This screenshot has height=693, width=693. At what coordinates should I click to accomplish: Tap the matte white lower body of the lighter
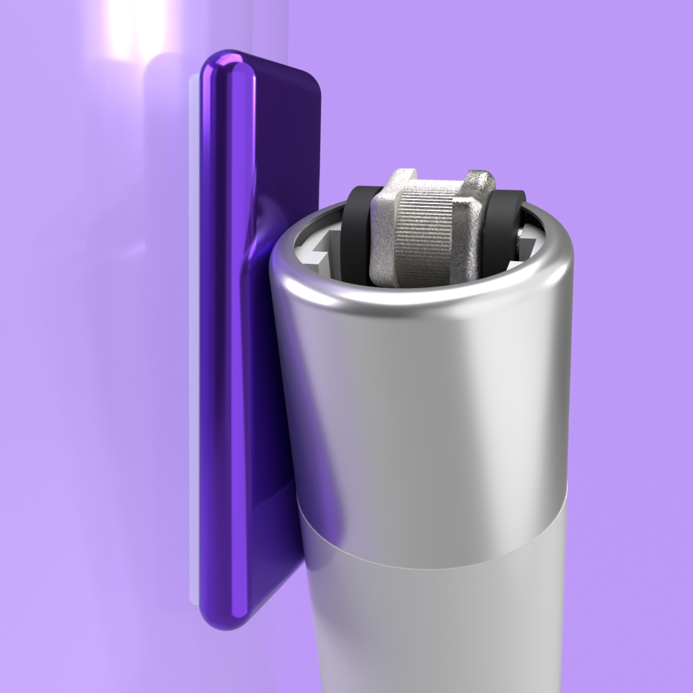[436, 629]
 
